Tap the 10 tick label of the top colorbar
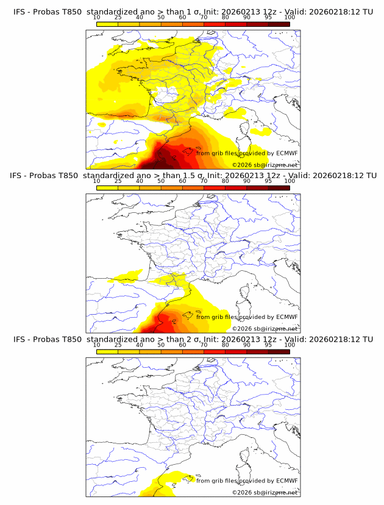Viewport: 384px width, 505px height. point(96,17)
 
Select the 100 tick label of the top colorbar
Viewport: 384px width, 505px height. point(290,17)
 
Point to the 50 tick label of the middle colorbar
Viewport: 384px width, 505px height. point(161,181)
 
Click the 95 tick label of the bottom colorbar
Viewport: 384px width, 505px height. point(268,345)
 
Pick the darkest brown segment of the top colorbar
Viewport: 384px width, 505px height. point(279,24)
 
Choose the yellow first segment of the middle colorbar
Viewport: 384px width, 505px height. point(107,188)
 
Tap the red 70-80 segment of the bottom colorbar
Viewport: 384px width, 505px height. point(215,351)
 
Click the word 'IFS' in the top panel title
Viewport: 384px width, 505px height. point(20,12)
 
